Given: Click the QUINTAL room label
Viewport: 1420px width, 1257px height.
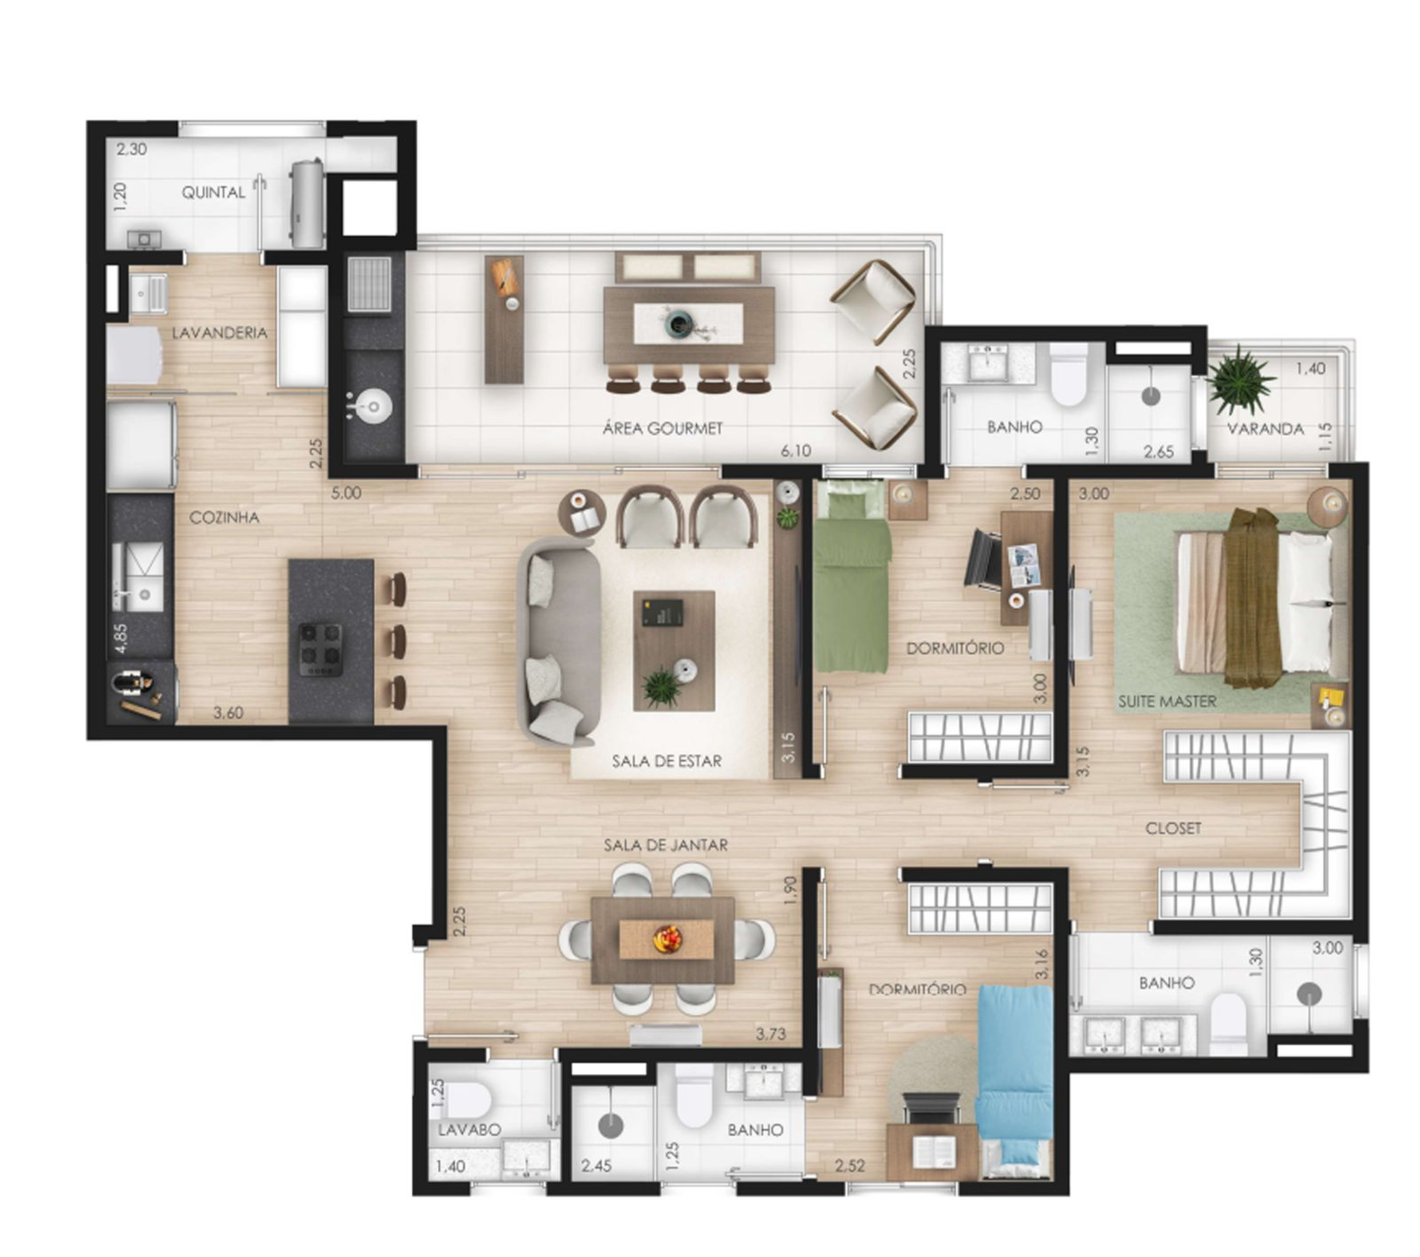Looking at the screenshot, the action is coord(213,193).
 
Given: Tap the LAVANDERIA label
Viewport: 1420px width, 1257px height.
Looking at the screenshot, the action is coord(220,333).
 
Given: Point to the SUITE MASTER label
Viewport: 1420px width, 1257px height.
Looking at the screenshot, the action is coord(1167,702).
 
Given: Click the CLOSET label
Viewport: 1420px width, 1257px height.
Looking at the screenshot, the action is coord(1173,828).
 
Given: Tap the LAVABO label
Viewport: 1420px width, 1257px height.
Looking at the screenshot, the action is coord(469,1130).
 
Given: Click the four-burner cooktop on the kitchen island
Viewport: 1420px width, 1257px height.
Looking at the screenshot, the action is coord(321,650).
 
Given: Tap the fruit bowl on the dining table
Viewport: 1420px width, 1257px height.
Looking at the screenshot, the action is coord(668,940).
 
